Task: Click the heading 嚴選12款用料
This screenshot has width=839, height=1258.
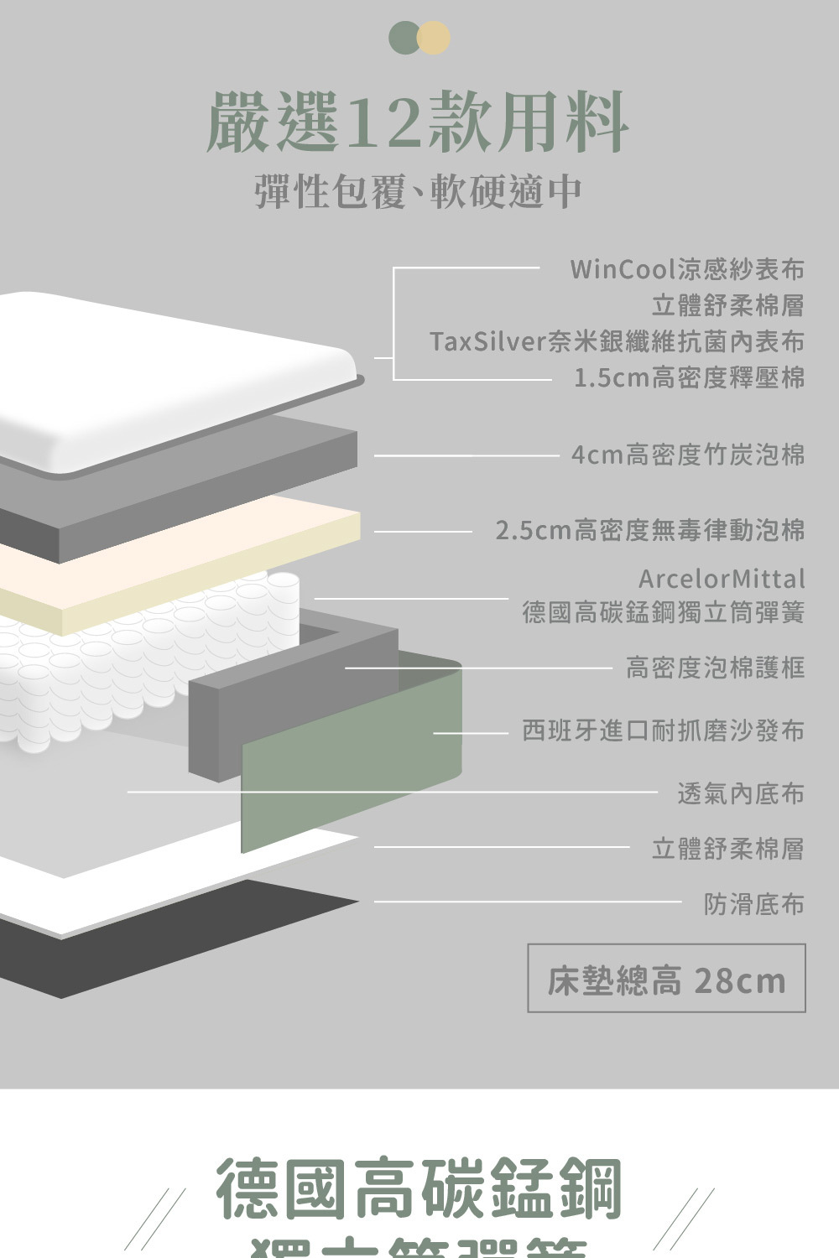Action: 417,123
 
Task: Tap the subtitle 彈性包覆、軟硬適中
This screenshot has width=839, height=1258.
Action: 418,191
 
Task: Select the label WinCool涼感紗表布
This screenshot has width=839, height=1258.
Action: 686,269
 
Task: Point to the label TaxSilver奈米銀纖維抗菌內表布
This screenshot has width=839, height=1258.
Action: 617,341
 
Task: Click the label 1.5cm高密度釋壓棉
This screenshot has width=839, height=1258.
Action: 689,377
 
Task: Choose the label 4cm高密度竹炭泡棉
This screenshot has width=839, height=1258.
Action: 687,455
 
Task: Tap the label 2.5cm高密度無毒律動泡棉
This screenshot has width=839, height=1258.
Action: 649,530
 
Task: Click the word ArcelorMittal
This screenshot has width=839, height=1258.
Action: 721,579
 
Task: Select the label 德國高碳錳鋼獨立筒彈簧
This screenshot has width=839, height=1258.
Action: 663,612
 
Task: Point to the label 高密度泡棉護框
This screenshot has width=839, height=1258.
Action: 715,668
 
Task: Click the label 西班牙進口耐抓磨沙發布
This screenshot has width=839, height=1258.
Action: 663,730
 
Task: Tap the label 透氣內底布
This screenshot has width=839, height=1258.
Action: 740,793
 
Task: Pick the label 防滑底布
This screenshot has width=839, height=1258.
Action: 753,903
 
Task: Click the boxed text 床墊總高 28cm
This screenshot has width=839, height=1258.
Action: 666,980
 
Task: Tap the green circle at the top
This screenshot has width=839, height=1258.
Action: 404,38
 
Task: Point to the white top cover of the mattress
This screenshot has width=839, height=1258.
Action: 168,377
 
